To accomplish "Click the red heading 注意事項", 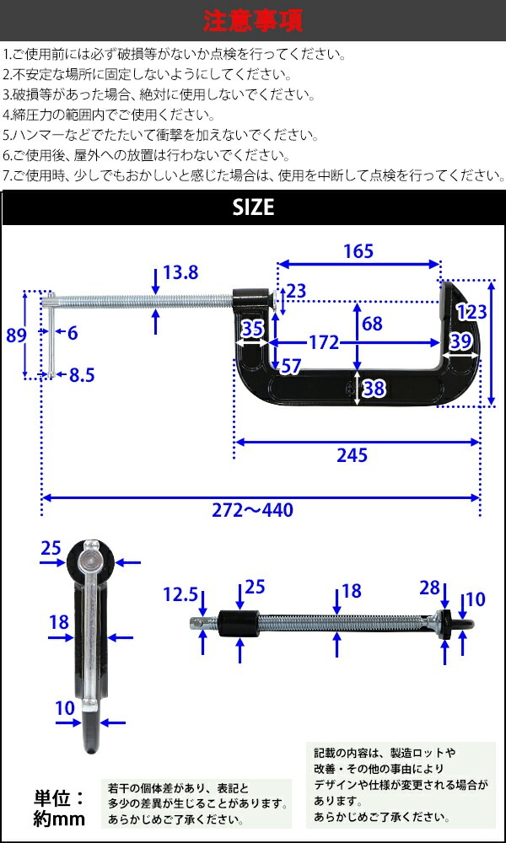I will click(253, 19).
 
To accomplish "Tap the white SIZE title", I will click(253, 207).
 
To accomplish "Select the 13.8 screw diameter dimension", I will click(180, 273).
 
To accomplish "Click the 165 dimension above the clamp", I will click(358, 250).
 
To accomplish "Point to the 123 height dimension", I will click(471, 312).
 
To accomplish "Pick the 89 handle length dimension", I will click(16, 335).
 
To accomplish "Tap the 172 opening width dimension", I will click(323, 342).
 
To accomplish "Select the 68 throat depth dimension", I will click(372, 324).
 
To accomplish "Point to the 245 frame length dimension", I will click(353, 455).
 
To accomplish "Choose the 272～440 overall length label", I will click(254, 510).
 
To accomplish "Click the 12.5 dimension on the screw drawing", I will click(180, 596).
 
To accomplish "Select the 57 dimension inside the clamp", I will click(290, 366).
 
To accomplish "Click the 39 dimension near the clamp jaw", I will click(460, 341).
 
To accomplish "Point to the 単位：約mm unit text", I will click(59, 807).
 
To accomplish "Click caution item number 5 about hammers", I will click(160, 135).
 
